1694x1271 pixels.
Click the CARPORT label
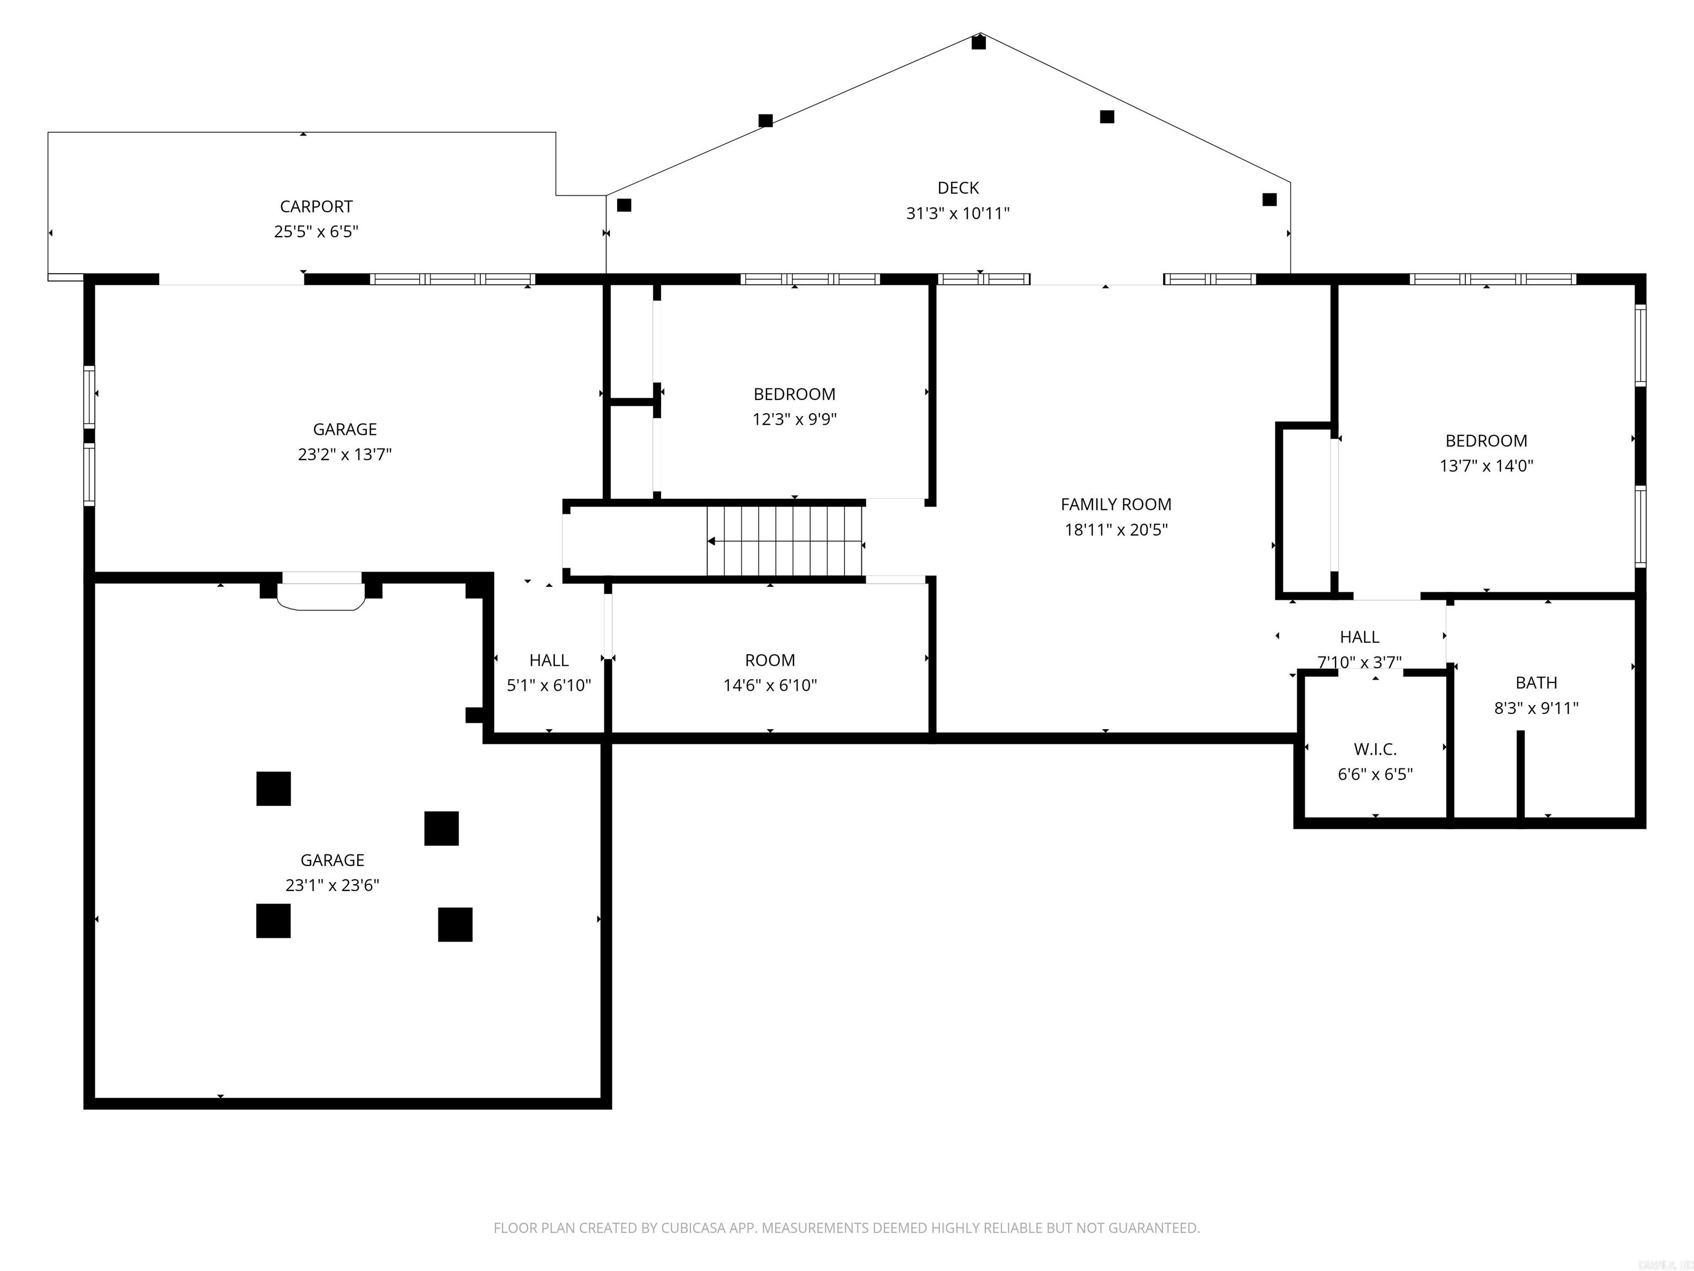pos(317,207)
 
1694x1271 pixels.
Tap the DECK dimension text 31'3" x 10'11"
pos(958,213)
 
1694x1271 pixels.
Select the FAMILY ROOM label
pos(1116,505)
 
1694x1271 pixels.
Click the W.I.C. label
pos(1375,749)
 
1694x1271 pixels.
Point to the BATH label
pos(1536,682)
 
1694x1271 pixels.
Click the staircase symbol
pos(786,541)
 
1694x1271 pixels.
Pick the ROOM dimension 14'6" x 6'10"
pos(770,686)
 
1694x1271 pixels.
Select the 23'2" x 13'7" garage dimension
pos(345,455)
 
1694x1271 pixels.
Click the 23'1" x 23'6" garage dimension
pos(333,885)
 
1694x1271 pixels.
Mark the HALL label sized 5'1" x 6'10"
pos(549,660)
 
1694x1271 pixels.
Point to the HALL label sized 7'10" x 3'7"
pos(1360,637)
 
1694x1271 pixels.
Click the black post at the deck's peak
pos(979,42)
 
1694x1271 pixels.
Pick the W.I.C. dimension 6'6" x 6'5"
pos(1375,775)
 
